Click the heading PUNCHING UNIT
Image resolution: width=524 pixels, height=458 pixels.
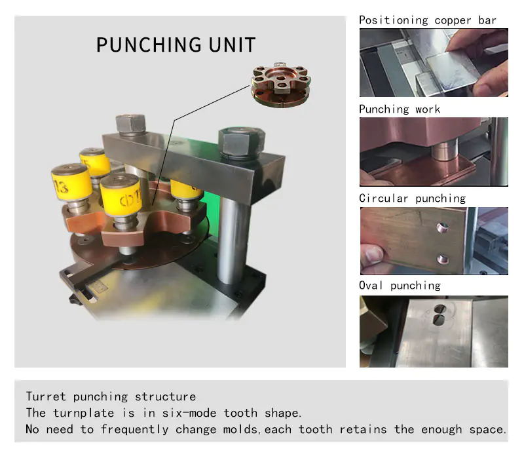[176, 45]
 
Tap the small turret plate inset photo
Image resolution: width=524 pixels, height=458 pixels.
[281, 85]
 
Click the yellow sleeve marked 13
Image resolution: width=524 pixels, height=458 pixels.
[71, 183]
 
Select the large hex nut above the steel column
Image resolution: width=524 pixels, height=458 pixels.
[242, 142]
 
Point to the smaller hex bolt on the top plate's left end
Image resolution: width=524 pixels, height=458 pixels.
[130, 124]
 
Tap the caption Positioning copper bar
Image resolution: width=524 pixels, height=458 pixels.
[428, 20]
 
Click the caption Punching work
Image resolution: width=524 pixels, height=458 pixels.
[400, 109]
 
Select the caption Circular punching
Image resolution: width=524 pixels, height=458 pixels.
[413, 199]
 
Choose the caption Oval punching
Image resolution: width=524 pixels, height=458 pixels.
[400, 286]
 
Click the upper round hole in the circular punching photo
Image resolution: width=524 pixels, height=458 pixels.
[442, 227]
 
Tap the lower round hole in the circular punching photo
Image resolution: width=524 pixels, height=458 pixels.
[443, 258]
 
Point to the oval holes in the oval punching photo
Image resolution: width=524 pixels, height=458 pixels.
[439, 315]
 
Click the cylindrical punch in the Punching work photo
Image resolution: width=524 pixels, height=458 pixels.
[444, 151]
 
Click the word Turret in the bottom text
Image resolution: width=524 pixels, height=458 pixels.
[46, 396]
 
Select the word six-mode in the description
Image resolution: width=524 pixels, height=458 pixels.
[189, 413]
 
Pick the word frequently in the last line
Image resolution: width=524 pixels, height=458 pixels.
[135, 429]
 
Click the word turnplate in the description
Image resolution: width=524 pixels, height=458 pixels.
[84, 413]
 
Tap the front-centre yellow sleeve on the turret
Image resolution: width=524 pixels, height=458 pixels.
[121, 196]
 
